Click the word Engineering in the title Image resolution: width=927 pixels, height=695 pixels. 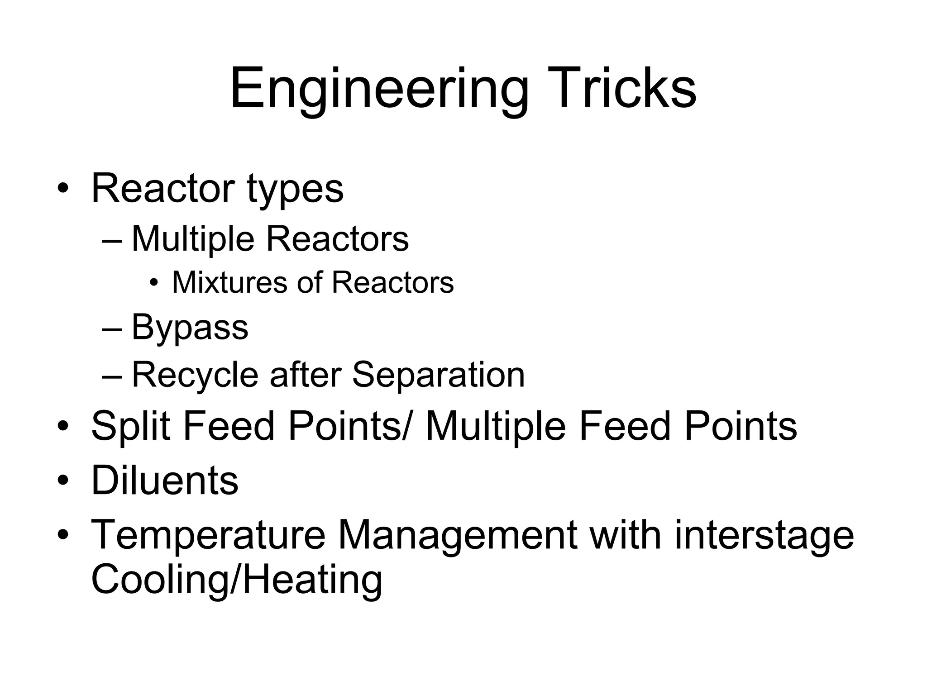click(x=379, y=89)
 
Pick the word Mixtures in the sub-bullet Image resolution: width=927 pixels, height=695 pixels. click(x=230, y=282)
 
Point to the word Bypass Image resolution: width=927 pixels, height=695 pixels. click(x=190, y=328)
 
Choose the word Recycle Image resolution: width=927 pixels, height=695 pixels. click(x=195, y=375)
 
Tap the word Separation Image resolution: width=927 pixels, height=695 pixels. click(x=438, y=375)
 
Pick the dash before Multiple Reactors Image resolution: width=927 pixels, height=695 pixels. click(x=112, y=240)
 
